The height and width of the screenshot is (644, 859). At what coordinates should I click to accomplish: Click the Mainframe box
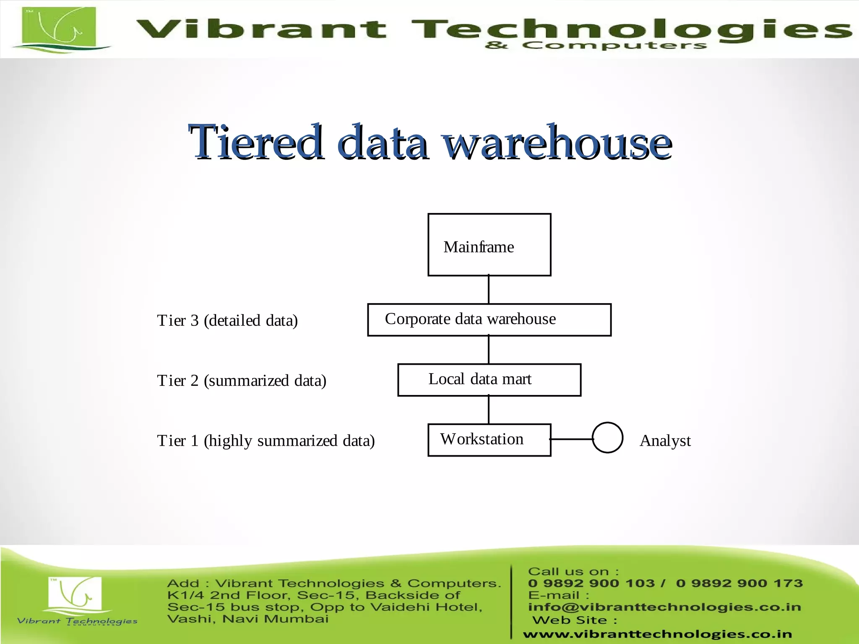[489, 244]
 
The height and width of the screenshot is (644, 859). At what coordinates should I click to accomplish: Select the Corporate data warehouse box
[489, 319]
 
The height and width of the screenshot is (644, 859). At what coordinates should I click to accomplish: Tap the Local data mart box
[489, 379]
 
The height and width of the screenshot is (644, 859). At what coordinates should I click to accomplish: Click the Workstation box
[489, 440]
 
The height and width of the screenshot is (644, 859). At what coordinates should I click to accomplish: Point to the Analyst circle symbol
[607, 437]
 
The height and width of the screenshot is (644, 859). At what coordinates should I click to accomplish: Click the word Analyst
[665, 441]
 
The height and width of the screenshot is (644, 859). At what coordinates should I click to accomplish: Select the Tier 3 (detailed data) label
[227, 320]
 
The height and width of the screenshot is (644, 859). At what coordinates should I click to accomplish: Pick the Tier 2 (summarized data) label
[242, 381]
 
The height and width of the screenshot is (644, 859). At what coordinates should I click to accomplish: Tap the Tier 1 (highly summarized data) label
[266, 441]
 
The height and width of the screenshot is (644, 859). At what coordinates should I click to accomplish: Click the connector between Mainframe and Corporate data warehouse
[489, 290]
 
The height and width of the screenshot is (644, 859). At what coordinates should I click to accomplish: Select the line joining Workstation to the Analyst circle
[571, 439]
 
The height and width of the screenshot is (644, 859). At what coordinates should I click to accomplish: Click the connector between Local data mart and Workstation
[489, 410]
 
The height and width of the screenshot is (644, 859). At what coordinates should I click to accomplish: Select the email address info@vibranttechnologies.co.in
[664, 607]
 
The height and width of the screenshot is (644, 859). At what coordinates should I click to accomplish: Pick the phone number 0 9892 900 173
[739, 583]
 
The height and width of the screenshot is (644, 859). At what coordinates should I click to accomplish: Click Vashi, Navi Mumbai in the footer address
[247, 619]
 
